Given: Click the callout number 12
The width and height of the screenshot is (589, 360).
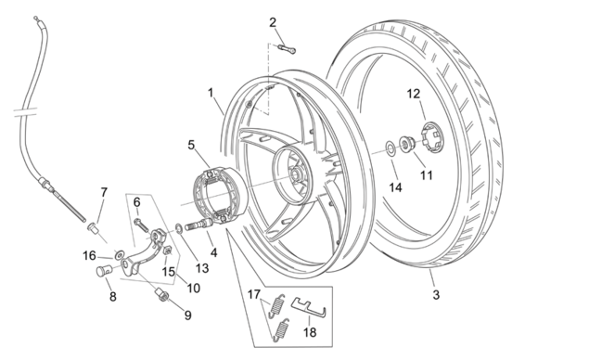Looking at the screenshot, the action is (413, 94).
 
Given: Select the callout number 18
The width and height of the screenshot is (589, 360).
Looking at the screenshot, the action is (310, 332).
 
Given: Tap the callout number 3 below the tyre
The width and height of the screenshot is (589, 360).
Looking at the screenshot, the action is (436, 295).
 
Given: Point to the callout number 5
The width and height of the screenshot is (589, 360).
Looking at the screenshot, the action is (192, 145).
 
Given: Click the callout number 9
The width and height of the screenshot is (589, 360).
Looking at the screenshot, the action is (187, 315).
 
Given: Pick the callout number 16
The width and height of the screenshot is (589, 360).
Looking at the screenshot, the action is (89, 256).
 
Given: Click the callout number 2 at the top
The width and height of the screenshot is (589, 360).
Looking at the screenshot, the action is (273, 22).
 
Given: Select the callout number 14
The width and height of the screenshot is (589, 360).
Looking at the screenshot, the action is (395, 187).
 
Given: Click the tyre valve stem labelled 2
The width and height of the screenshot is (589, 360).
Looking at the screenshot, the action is (287, 49).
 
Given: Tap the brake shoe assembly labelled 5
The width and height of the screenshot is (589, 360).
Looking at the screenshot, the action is (219, 196).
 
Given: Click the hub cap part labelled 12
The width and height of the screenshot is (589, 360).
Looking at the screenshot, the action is (432, 137).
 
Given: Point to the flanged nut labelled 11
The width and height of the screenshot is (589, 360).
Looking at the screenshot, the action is (406, 144).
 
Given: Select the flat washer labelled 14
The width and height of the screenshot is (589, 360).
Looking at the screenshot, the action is (391, 148).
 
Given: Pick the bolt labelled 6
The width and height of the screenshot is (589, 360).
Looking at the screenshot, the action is (141, 225).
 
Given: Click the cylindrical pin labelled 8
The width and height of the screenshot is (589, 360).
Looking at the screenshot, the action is (105, 271).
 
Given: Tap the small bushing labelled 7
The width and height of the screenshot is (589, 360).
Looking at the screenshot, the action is (93, 228).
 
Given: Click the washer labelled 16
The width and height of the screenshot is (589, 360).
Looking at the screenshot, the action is (120, 255).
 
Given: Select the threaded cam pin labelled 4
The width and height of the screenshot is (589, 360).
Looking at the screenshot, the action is (198, 225).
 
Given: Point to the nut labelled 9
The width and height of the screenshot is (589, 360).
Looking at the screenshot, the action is (162, 295).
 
